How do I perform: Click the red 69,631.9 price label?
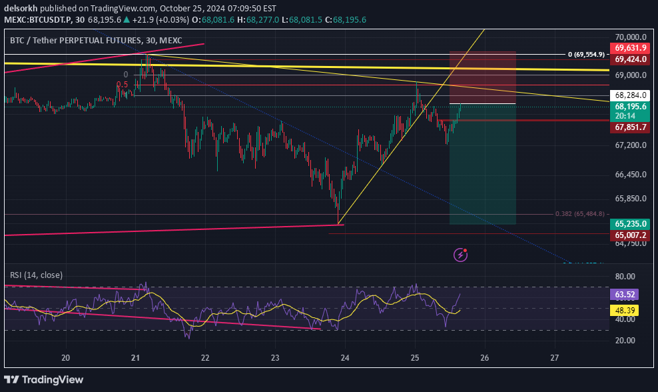tap(631, 48)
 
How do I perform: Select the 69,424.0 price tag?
tap(631, 59)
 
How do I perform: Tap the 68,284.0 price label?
tap(631, 95)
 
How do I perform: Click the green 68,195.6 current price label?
tap(631, 107)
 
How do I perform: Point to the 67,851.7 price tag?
tap(631, 127)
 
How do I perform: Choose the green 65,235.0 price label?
tap(631, 224)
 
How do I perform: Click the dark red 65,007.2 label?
tap(631, 235)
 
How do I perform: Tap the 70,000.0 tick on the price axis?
tap(631, 37)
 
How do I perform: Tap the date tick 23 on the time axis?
tap(275, 358)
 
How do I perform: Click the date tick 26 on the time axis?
tap(485, 358)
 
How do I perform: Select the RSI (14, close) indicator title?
tap(36, 275)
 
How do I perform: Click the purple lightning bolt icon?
tap(460, 254)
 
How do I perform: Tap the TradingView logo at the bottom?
tap(46, 379)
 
